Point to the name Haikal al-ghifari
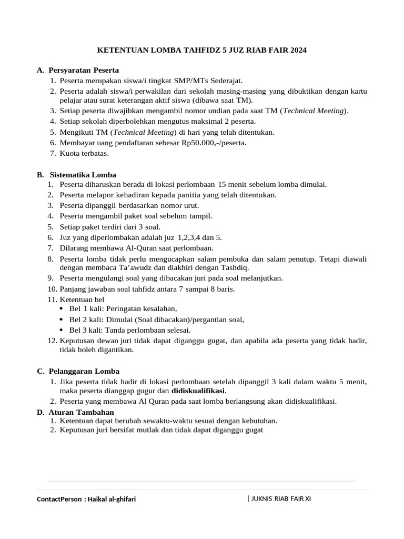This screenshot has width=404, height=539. [112, 499]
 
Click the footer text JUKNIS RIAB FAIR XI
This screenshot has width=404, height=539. [281, 498]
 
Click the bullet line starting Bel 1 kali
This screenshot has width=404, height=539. [123, 309]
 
